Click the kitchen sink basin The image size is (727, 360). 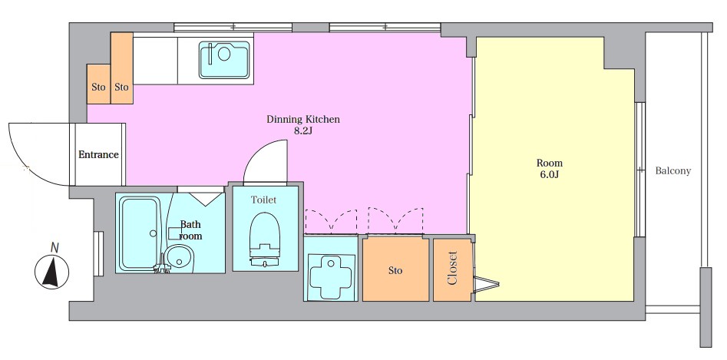(x=225, y=60)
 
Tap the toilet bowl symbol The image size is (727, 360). (x=265, y=239)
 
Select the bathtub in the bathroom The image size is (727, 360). (x=140, y=234)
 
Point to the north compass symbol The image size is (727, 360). (x=52, y=272)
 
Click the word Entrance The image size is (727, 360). (x=98, y=155)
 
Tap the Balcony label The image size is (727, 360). (x=672, y=171)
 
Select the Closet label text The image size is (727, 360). (x=452, y=268)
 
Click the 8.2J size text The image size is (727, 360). (x=303, y=130)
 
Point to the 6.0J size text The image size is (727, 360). (x=550, y=174)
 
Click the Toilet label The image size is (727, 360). (x=263, y=200)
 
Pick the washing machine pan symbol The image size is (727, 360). (x=330, y=276)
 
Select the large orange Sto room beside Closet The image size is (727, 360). (x=395, y=270)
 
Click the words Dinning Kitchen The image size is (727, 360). (x=303, y=120)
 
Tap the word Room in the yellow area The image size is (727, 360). (x=550, y=163)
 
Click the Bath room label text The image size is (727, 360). (x=190, y=230)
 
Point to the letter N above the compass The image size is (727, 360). (x=55, y=248)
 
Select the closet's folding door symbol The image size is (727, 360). (x=486, y=283)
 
